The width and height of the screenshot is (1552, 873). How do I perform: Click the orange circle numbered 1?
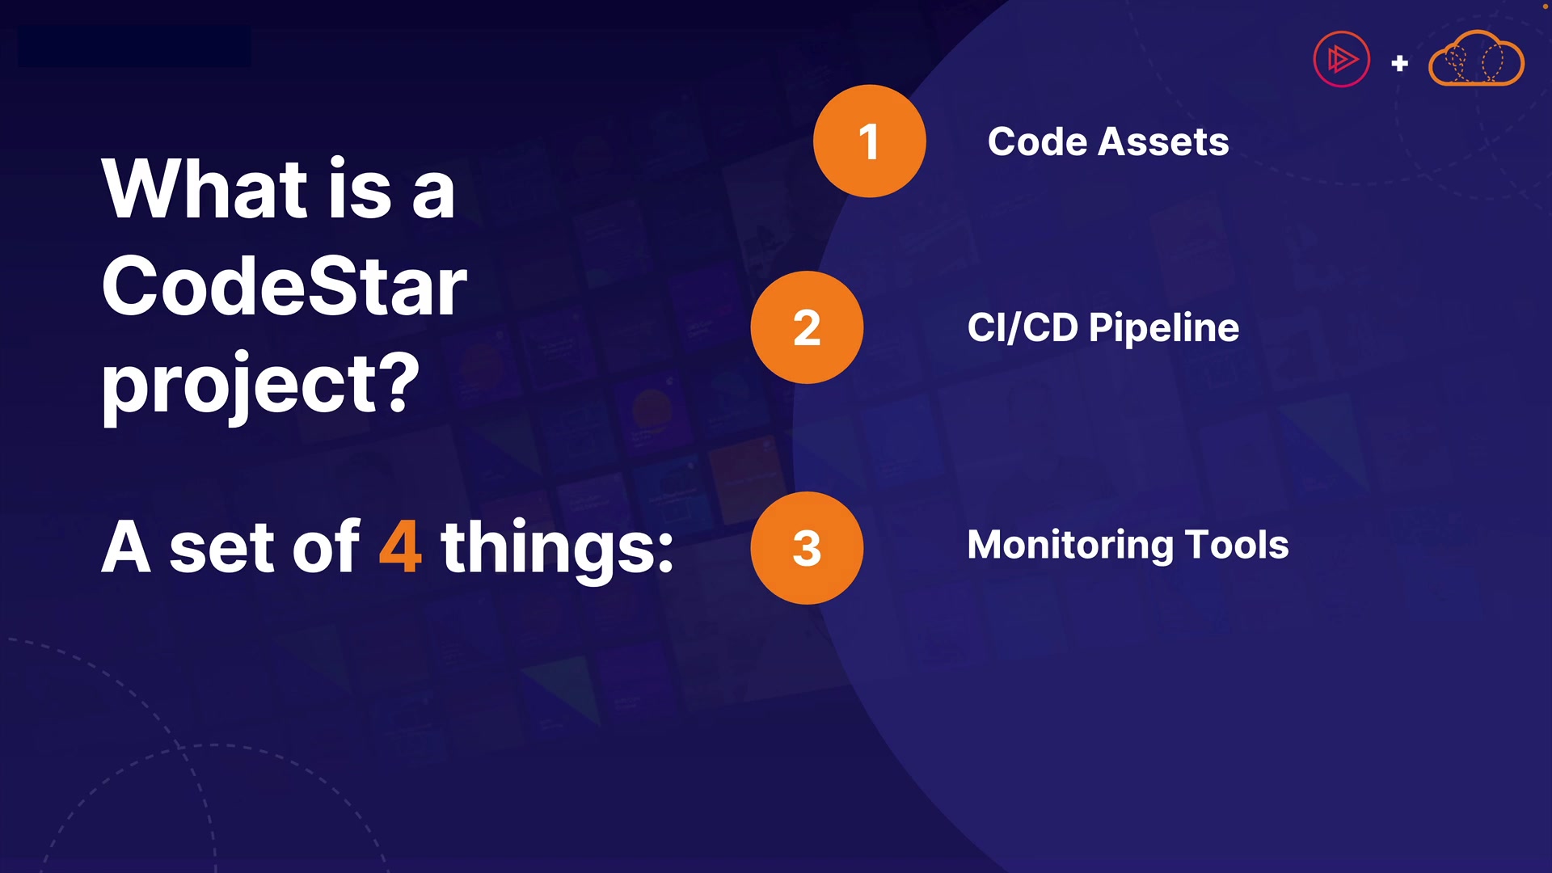click(870, 141)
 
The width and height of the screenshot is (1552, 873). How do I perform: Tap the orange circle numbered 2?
click(807, 327)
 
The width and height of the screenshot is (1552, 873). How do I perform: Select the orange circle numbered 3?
click(807, 548)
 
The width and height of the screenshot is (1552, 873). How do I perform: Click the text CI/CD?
click(1023, 327)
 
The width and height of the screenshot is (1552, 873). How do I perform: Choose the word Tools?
click(1237, 545)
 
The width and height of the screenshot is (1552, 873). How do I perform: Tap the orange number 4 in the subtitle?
click(400, 547)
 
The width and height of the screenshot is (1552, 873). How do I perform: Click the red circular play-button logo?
click(1342, 59)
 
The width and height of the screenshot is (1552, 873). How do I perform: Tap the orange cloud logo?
click(1476, 58)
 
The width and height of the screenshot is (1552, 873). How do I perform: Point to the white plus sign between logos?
click(1400, 63)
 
